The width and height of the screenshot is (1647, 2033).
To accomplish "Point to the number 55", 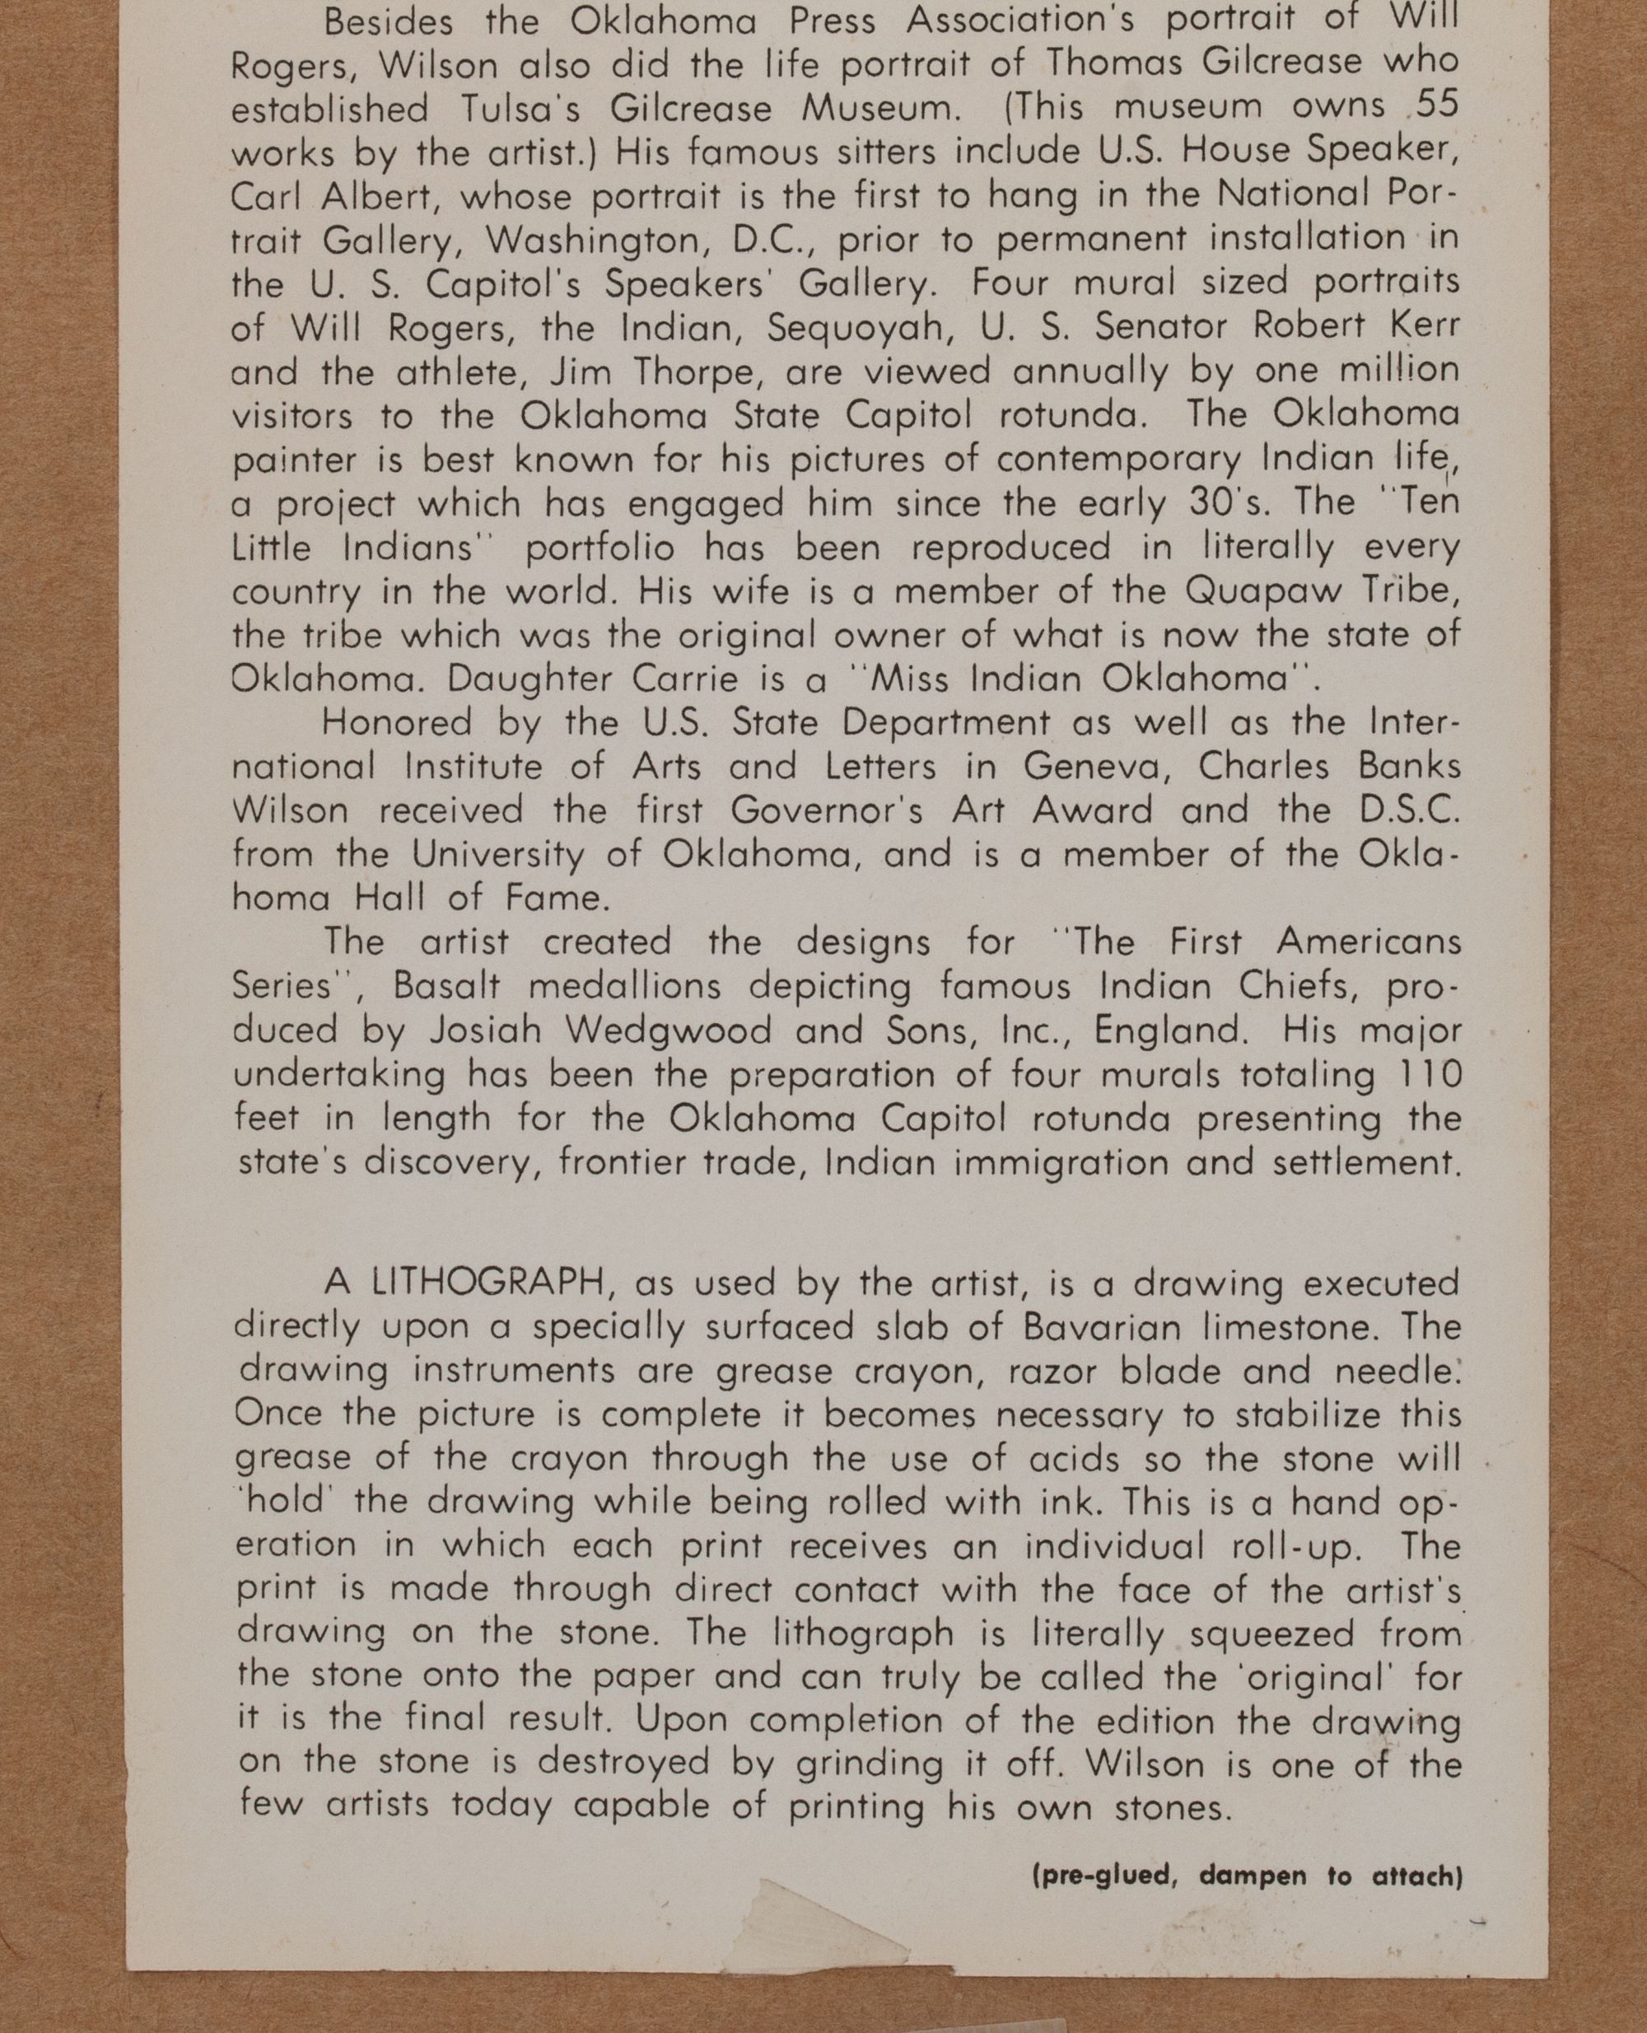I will (1435, 105).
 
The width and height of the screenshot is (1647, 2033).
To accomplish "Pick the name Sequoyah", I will (856, 328).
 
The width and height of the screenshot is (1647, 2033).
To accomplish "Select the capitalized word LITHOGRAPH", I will (488, 1283).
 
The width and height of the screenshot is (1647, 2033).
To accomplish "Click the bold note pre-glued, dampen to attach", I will (1248, 1876).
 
